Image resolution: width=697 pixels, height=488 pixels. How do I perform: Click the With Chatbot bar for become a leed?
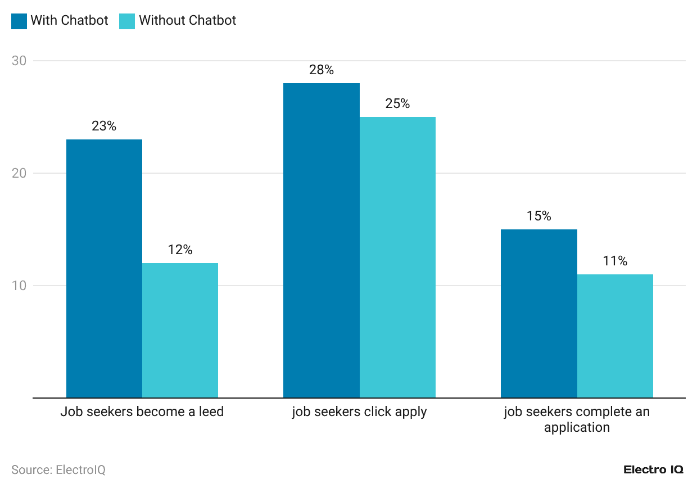pos(104,268)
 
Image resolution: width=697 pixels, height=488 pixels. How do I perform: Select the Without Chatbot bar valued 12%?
pos(180,330)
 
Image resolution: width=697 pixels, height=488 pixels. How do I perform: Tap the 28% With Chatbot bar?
pos(321,240)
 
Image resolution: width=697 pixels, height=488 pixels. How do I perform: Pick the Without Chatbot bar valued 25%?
pos(397,257)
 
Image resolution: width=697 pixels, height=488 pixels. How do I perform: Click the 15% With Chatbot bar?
pos(538,313)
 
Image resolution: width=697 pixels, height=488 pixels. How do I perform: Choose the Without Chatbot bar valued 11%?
pos(615,336)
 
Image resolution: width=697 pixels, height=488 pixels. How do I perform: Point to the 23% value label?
pos(104,126)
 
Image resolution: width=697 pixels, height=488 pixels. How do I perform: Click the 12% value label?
pos(180,250)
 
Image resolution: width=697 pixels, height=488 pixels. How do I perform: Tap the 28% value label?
pos(321,70)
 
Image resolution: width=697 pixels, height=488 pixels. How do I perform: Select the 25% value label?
pos(397,104)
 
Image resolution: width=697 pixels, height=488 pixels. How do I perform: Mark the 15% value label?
pos(538,216)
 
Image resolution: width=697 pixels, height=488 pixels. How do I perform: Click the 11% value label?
pos(615,261)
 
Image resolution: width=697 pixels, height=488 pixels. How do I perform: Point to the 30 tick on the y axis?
pos(19,61)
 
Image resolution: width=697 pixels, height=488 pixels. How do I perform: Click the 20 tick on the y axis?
pos(19,173)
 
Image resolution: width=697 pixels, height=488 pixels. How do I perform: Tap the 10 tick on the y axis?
pos(19,286)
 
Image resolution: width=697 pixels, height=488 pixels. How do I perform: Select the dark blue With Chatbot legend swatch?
pos(19,21)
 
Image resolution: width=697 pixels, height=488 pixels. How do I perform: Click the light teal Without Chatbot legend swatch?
pos(127,21)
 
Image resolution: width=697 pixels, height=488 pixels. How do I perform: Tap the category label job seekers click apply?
pos(359,412)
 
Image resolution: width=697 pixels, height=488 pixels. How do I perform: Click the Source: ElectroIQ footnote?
pos(58,470)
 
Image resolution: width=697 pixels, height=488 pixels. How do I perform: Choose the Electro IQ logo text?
pos(653,470)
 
